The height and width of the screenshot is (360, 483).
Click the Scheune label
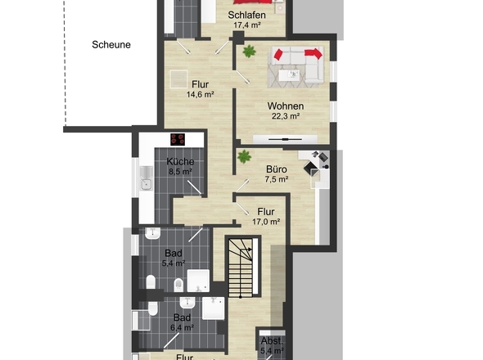pyautogui.click(x=111, y=45)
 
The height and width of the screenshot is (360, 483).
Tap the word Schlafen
pyautogui.click(x=246, y=15)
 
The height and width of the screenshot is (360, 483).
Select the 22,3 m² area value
pyautogui.click(x=286, y=116)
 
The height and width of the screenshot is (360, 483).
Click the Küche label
pyautogui.click(x=180, y=161)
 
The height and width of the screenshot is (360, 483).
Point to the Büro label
pyautogui.click(x=277, y=169)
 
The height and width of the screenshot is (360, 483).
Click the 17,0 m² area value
pyautogui.click(x=266, y=222)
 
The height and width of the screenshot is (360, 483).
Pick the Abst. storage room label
pyautogui.click(x=272, y=341)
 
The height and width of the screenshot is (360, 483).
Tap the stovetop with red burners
pyautogui.click(x=178, y=140)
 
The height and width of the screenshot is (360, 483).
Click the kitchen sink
pyautogui.click(x=147, y=178)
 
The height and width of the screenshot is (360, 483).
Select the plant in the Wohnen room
pyautogui.click(x=249, y=52)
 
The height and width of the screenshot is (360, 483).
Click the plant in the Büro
pyautogui.click(x=244, y=156)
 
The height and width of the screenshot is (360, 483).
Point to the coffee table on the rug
pyautogui.click(x=289, y=74)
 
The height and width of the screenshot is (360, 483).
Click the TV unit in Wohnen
pyautogui.click(x=285, y=139)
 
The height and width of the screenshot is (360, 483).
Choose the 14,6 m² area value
pyautogui.click(x=201, y=95)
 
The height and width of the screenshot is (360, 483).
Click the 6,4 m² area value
pyautogui.click(x=182, y=327)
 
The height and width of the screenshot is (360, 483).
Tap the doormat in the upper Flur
pyautogui.click(x=179, y=79)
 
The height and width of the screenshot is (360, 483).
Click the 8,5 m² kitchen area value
pyautogui.click(x=180, y=171)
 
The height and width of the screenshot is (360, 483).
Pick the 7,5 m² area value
pyautogui.click(x=277, y=179)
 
